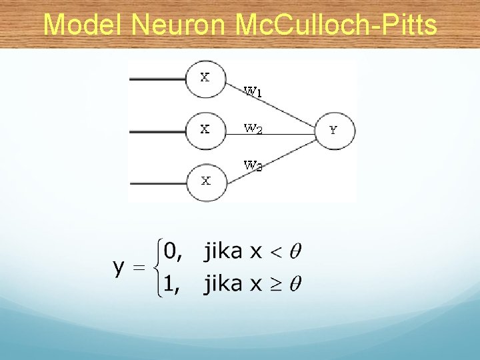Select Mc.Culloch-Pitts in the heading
click(337, 25)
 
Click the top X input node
click(206, 78)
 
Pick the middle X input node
click(206, 129)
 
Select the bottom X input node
click(206, 181)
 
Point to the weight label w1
click(253, 91)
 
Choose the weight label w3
click(253, 165)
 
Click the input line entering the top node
click(157, 79)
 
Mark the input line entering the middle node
click(157, 131)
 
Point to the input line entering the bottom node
click(157, 181)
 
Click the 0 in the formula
click(171, 252)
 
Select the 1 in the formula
click(171, 285)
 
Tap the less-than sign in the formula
click(275, 252)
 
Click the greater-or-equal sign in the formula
click(275, 285)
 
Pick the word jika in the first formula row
click(223, 251)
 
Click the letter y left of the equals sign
click(119, 268)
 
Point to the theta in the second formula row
click(296, 284)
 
